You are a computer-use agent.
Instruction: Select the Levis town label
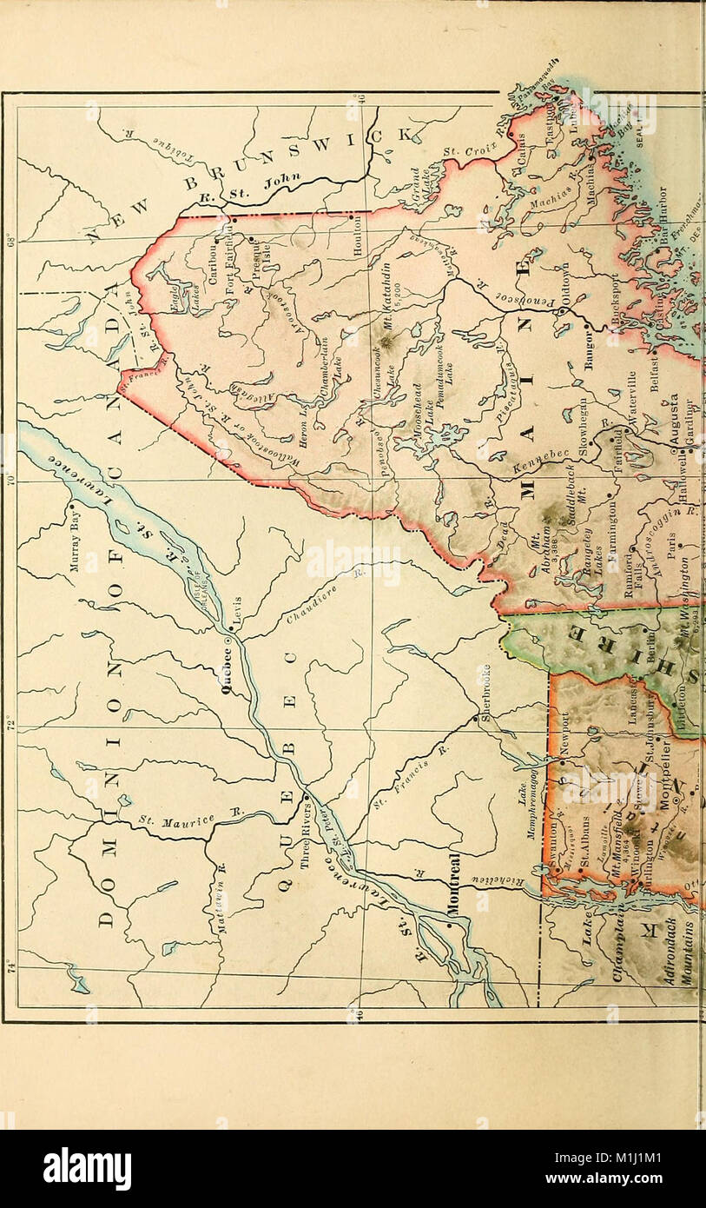pos(245,613)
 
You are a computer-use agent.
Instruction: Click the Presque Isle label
pos(261,256)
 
